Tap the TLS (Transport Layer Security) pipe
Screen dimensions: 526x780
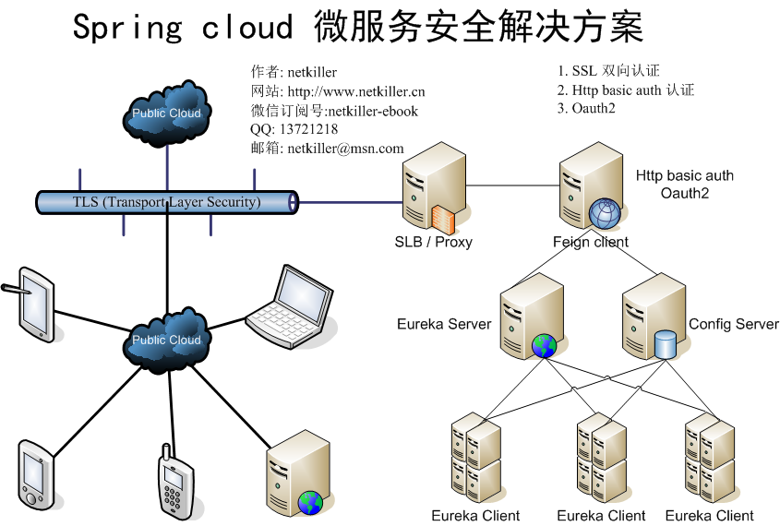tap(167, 202)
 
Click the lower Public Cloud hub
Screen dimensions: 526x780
tap(167, 339)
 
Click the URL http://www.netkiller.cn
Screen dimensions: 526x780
tap(356, 91)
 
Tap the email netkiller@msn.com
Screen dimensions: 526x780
tap(345, 148)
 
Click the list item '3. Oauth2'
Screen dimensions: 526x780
tap(586, 108)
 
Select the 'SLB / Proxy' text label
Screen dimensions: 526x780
tap(433, 242)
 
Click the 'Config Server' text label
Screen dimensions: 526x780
tap(734, 324)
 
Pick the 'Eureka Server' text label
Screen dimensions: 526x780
tap(444, 324)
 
